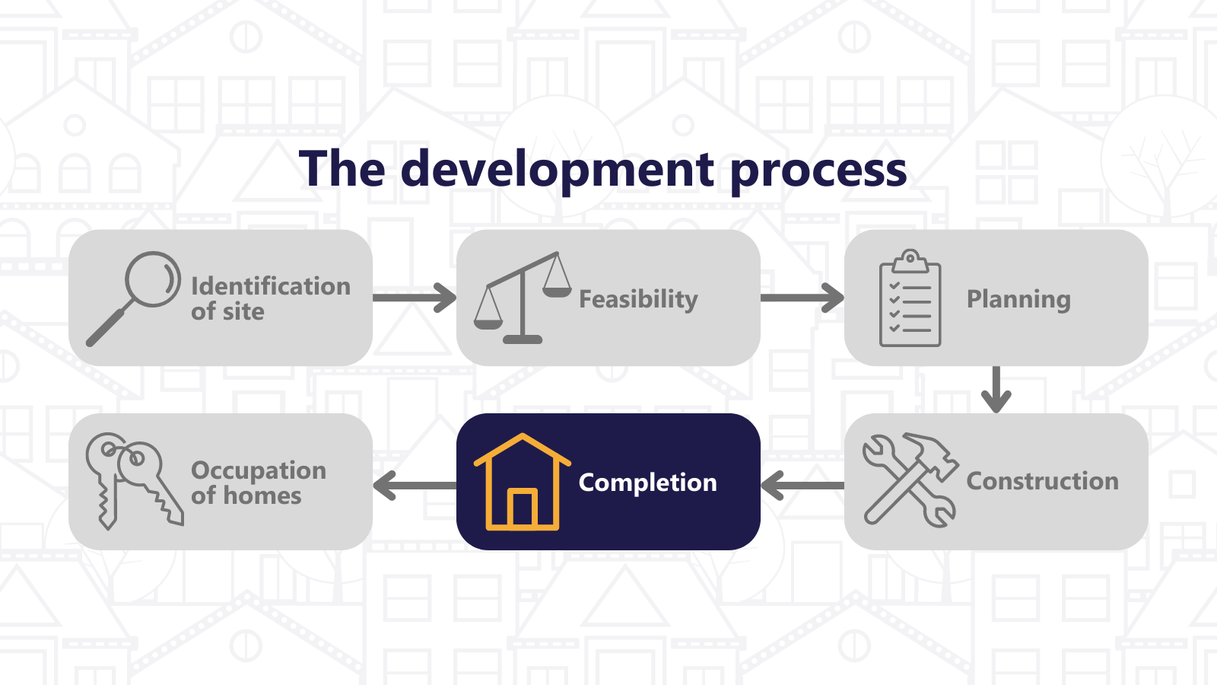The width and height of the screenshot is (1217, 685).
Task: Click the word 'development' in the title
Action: point(557,170)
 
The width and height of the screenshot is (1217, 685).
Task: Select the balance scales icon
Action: point(522,298)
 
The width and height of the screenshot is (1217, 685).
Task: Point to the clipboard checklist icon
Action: point(910,298)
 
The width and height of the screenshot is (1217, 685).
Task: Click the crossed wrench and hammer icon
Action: point(910,479)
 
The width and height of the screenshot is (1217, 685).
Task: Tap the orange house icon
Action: point(522,482)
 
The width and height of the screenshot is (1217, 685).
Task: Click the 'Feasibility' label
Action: point(638,300)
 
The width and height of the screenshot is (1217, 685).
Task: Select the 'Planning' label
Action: point(1018,300)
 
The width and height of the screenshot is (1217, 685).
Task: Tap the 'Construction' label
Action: point(1043,481)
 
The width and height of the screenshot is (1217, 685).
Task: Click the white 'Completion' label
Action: point(647,483)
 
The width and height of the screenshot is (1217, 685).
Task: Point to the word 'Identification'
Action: point(271,286)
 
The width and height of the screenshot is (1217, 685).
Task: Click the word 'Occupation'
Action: point(259,471)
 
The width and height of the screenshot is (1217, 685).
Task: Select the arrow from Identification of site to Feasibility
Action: point(415,298)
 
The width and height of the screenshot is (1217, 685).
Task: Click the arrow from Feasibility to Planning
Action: point(802,298)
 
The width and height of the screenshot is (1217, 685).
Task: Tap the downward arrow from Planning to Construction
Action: point(996,390)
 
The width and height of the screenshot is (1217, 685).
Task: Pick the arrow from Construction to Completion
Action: point(802,486)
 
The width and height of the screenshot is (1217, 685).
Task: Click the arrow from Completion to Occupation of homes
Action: point(415,486)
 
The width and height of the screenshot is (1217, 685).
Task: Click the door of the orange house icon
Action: point(522,508)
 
